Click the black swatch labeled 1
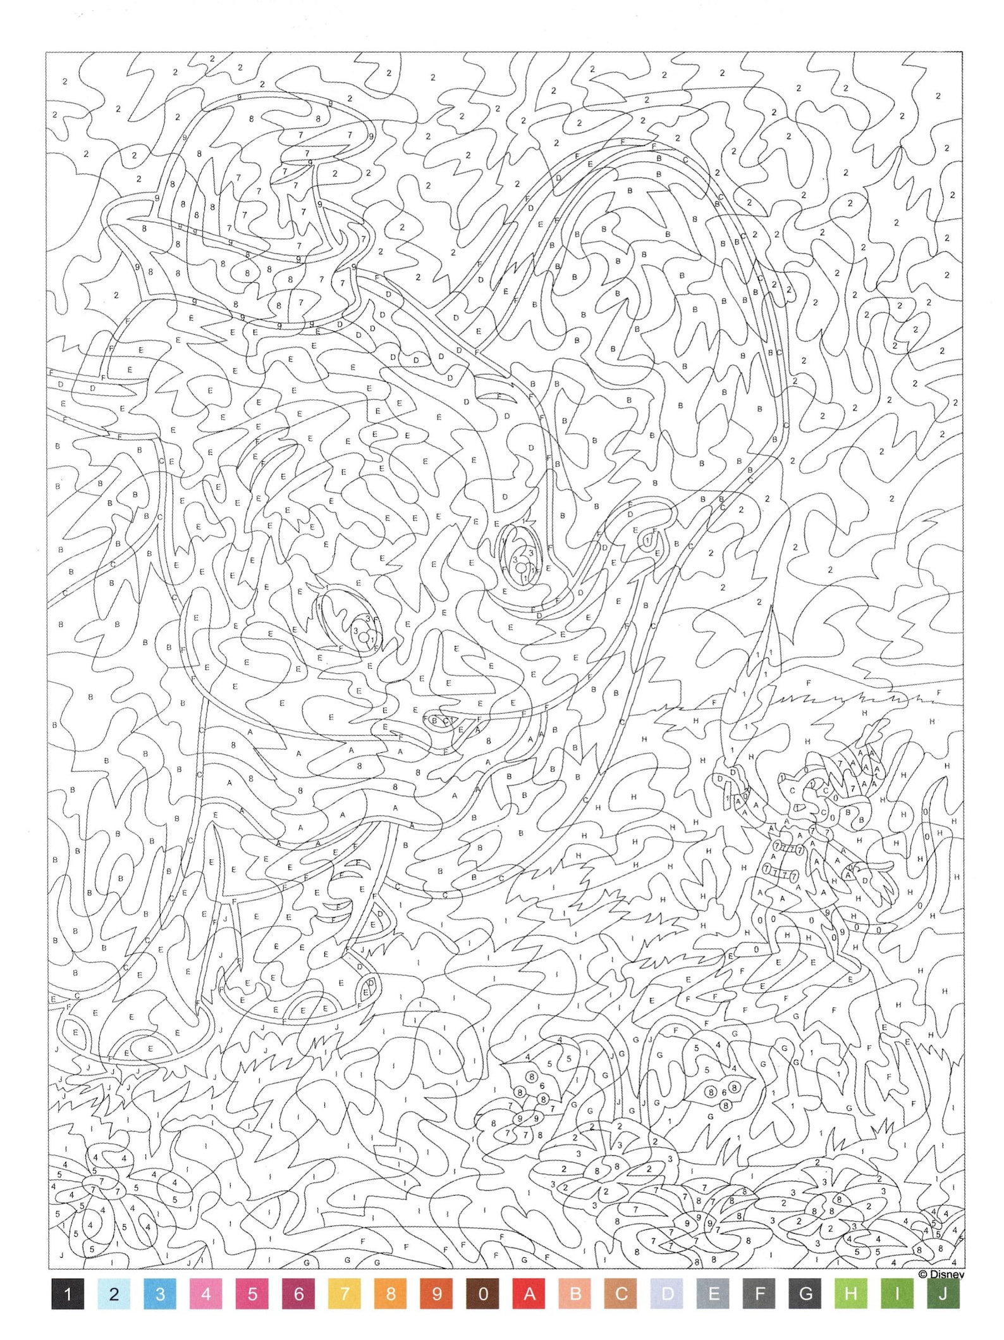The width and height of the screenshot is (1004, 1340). pyautogui.click(x=68, y=1294)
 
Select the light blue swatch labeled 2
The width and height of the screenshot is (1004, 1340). pyautogui.click(x=114, y=1294)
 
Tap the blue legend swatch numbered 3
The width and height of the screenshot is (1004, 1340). pyautogui.click(x=160, y=1294)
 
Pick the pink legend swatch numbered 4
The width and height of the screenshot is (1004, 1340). pyautogui.click(x=206, y=1294)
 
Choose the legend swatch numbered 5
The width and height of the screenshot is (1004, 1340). pyautogui.click(x=252, y=1294)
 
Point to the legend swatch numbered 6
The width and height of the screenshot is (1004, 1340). pyautogui.click(x=298, y=1294)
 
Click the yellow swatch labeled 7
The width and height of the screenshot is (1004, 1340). pyautogui.click(x=345, y=1294)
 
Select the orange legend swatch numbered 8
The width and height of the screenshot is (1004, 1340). pyautogui.click(x=391, y=1294)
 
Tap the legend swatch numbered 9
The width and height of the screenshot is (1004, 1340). pyautogui.click(x=437, y=1294)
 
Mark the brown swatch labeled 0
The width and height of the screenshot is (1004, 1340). pyautogui.click(x=483, y=1294)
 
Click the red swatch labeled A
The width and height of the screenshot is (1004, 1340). pyautogui.click(x=529, y=1294)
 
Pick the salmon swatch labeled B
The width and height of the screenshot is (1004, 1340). pyautogui.click(x=575, y=1294)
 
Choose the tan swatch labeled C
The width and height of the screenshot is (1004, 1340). pyautogui.click(x=621, y=1294)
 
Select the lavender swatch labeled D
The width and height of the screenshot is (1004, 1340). pyautogui.click(x=668, y=1294)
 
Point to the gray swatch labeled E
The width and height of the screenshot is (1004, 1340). pyautogui.click(x=714, y=1294)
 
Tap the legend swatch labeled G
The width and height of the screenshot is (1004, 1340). pyautogui.click(x=805, y=1294)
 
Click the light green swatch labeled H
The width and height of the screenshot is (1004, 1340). pyautogui.click(x=851, y=1294)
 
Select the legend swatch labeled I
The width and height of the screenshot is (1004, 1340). pyautogui.click(x=897, y=1294)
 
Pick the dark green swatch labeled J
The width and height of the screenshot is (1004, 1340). pyautogui.click(x=943, y=1294)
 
